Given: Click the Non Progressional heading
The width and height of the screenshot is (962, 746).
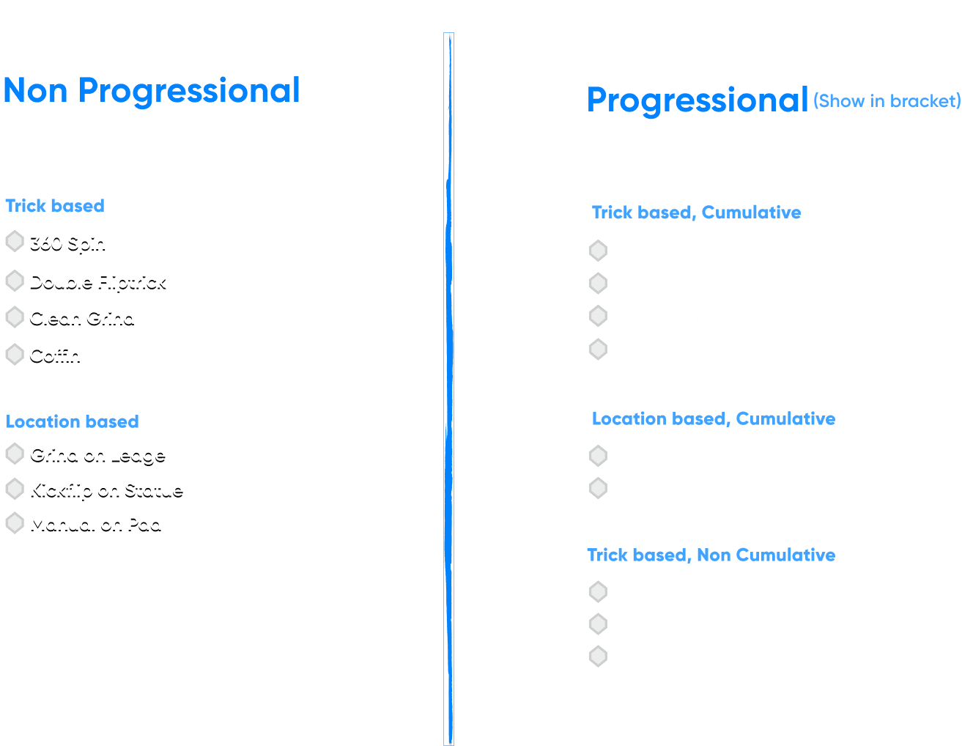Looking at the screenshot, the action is tap(152, 91).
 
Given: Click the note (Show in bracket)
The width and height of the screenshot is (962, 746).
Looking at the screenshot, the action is tap(887, 101).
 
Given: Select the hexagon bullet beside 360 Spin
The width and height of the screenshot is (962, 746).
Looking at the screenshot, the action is tap(15, 241).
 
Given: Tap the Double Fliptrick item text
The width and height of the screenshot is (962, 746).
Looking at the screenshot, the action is tap(97, 281).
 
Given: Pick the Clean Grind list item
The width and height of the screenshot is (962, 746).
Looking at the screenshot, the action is tap(82, 317).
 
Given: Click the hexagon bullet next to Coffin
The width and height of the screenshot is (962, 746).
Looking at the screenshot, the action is tap(15, 355).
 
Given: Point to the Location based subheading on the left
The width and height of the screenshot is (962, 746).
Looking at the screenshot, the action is tap(73, 421).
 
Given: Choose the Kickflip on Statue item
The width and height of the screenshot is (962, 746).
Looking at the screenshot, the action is tap(106, 490).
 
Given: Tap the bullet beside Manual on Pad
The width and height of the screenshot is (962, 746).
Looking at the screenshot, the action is tap(15, 523).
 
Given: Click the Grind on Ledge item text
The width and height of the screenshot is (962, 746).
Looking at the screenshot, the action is tap(97, 454).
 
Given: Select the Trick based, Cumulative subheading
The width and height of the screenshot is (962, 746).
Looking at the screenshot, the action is tap(696, 213).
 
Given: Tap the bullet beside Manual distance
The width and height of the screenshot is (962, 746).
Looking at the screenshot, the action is tap(598, 316).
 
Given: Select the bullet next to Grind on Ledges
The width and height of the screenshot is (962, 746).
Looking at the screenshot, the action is tap(598, 488).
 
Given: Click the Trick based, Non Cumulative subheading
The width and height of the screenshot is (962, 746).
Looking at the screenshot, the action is tap(711, 555).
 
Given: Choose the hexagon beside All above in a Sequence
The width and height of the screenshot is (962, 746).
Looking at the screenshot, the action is tap(598, 656).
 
